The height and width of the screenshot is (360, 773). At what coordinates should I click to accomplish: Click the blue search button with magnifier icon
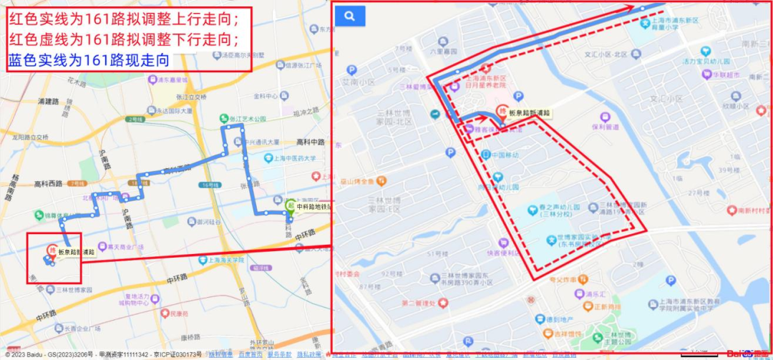(x=349, y=16)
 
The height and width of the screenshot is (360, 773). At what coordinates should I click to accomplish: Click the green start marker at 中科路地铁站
(x=290, y=205)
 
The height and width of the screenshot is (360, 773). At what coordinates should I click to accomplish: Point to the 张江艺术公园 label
(x=247, y=119)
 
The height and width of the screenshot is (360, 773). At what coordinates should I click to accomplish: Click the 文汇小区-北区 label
(x=605, y=54)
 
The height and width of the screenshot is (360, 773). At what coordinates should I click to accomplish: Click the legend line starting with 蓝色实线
(x=89, y=60)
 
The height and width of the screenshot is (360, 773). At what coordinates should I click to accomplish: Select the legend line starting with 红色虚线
(x=122, y=38)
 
